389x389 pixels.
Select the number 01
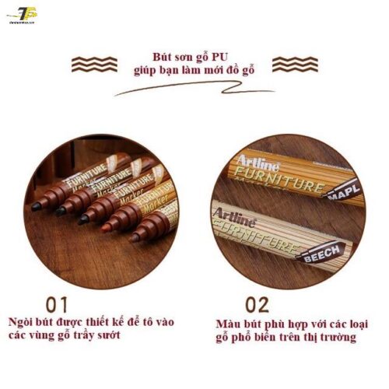point(57,302)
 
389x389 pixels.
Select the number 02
point(258,302)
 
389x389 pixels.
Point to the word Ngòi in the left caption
point(23,321)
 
